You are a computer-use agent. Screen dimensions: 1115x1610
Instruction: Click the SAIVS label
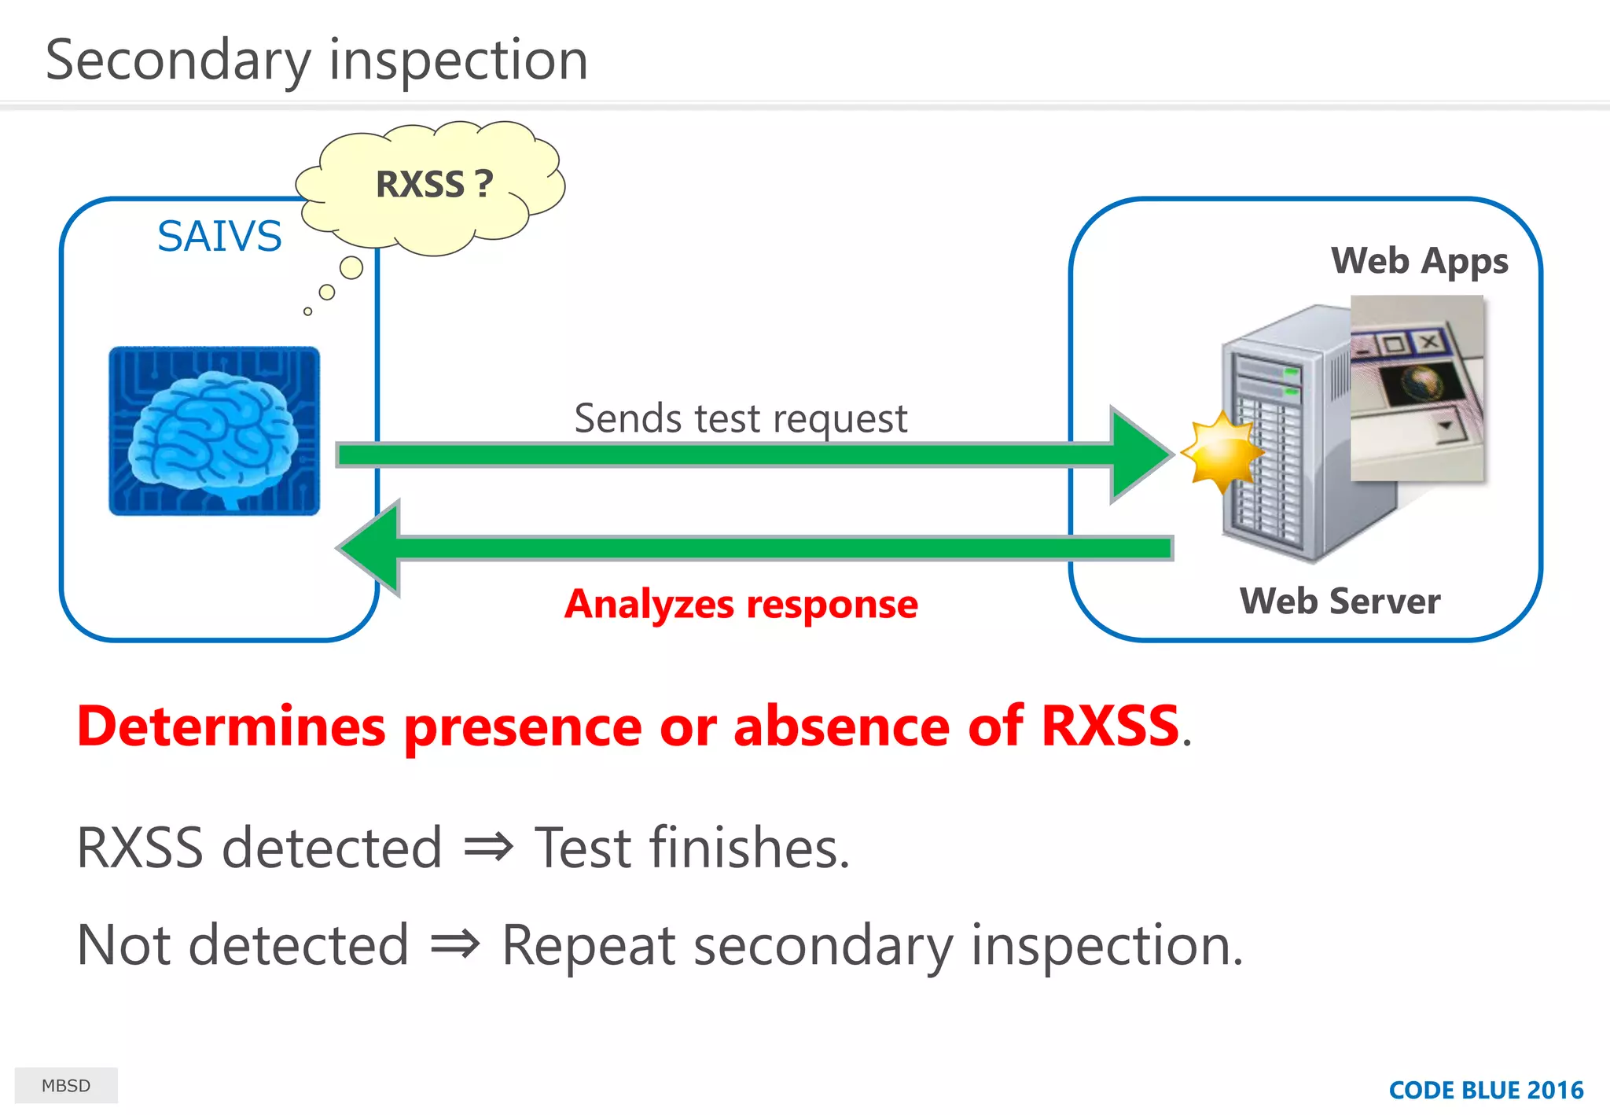219,236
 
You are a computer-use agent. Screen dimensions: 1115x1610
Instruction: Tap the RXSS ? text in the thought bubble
434,185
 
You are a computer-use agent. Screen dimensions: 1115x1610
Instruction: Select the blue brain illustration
214,431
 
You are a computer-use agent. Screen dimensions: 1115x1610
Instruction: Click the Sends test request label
741,418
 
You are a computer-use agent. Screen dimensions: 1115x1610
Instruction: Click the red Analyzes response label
741,604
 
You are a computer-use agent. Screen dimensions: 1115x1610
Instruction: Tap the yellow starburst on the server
1221,453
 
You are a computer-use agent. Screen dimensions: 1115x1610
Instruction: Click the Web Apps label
1419,260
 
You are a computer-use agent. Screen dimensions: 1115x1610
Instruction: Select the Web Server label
1340,601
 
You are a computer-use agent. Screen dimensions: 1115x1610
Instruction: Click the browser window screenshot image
1417,388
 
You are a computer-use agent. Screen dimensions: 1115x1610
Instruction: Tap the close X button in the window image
1429,341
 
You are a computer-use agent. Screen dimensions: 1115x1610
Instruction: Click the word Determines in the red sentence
231,726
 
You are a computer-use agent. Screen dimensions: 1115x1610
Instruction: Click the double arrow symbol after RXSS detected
488,848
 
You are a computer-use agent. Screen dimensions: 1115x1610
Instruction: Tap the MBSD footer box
66,1085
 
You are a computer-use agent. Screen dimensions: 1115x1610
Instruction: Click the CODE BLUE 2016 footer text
1486,1090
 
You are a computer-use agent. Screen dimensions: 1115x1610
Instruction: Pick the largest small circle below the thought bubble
351,268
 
